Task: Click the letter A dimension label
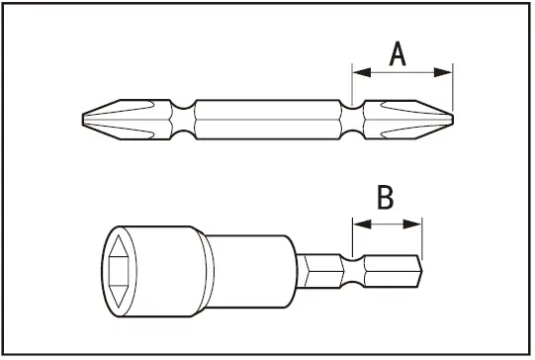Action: click(398, 51)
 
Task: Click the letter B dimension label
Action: click(386, 198)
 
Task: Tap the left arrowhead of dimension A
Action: click(359, 71)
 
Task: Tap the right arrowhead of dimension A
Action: click(446, 71)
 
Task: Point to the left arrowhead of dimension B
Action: click(357, 225)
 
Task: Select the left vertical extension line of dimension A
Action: click(353, 84)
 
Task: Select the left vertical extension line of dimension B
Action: click(351, 237)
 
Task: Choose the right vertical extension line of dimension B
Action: click(422, 237)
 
